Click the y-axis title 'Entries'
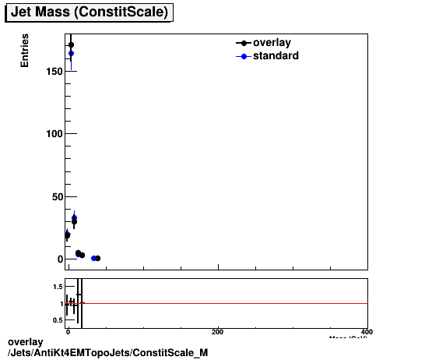pyautogui.click(x=25, y=51)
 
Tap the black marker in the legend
pyautogui.click(x=245, y=44)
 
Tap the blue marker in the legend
pyautogui.click(x=245, y=56)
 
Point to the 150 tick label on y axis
pyautogui.click(x=52, y=72)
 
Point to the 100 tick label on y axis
pyautogui.click(x=52, y=134)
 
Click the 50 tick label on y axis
pyautogui.click(x=55, y=196)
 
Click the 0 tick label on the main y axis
pyautogui.click(x=58, y=259)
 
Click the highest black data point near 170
pyautogui.click(x=71, y=44)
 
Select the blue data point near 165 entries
pyautogui.click(x=71, y=54)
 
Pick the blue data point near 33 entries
pyautogui.click(x=74, y=218)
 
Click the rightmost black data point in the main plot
pyautogui.click(x=97, y=258)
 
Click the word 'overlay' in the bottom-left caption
pyautogui.click(x=25, y=342)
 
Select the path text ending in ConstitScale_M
pyautogui.click(x=107, y=353)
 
